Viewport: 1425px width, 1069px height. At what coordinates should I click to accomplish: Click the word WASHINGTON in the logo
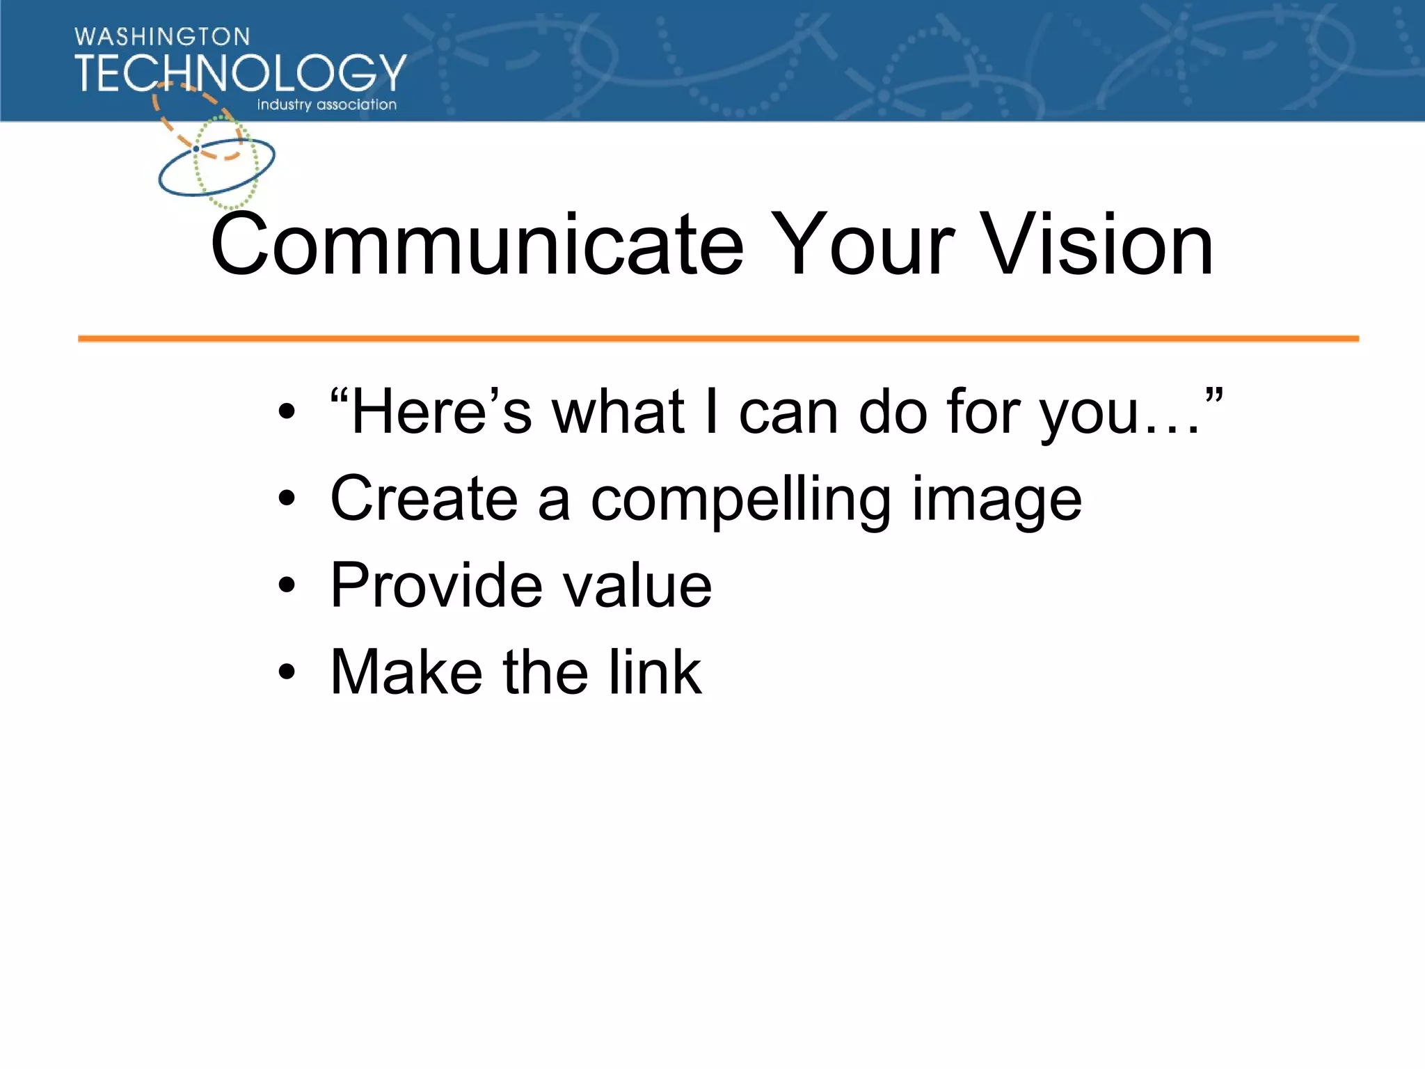click(162, 37)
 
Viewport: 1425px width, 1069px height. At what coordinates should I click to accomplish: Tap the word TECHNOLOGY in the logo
click(240, 73)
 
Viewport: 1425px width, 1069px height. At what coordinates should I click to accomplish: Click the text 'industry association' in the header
click(326, 105)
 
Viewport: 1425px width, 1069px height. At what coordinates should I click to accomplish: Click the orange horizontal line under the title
click(717, 339)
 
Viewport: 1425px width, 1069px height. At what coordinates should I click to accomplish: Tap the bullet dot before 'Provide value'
click(287, 586)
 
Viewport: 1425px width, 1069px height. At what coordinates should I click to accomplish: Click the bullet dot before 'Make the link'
click(287, 673)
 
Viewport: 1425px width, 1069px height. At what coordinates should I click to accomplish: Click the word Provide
click(436, 585)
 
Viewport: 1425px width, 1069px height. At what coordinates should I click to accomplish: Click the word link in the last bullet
click(655, 672)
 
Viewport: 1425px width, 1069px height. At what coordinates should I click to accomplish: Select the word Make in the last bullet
click(406, 672)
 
